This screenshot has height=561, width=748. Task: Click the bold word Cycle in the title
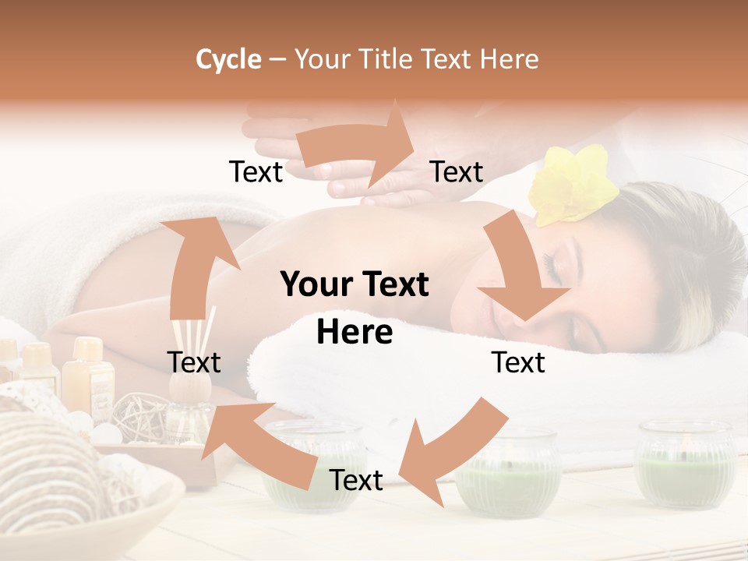click(x=228, y=59)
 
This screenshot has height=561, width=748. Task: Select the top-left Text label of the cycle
click(x=256, y=171)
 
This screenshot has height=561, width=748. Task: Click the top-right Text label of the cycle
click(x=457, y=171)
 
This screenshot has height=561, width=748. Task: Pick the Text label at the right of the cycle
click(x=518, y=362)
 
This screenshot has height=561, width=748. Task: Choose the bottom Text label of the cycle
click(x=356, y=480)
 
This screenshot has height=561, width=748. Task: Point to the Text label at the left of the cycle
click(x=194, y=362)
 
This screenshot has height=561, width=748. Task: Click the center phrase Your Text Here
click(x=355, y=308)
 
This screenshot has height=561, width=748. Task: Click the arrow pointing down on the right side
click(x=520, y=269)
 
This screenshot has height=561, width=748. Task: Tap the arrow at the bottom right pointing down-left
click(x=452, y=452)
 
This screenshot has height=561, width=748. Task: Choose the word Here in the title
click(x=510, y=59)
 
